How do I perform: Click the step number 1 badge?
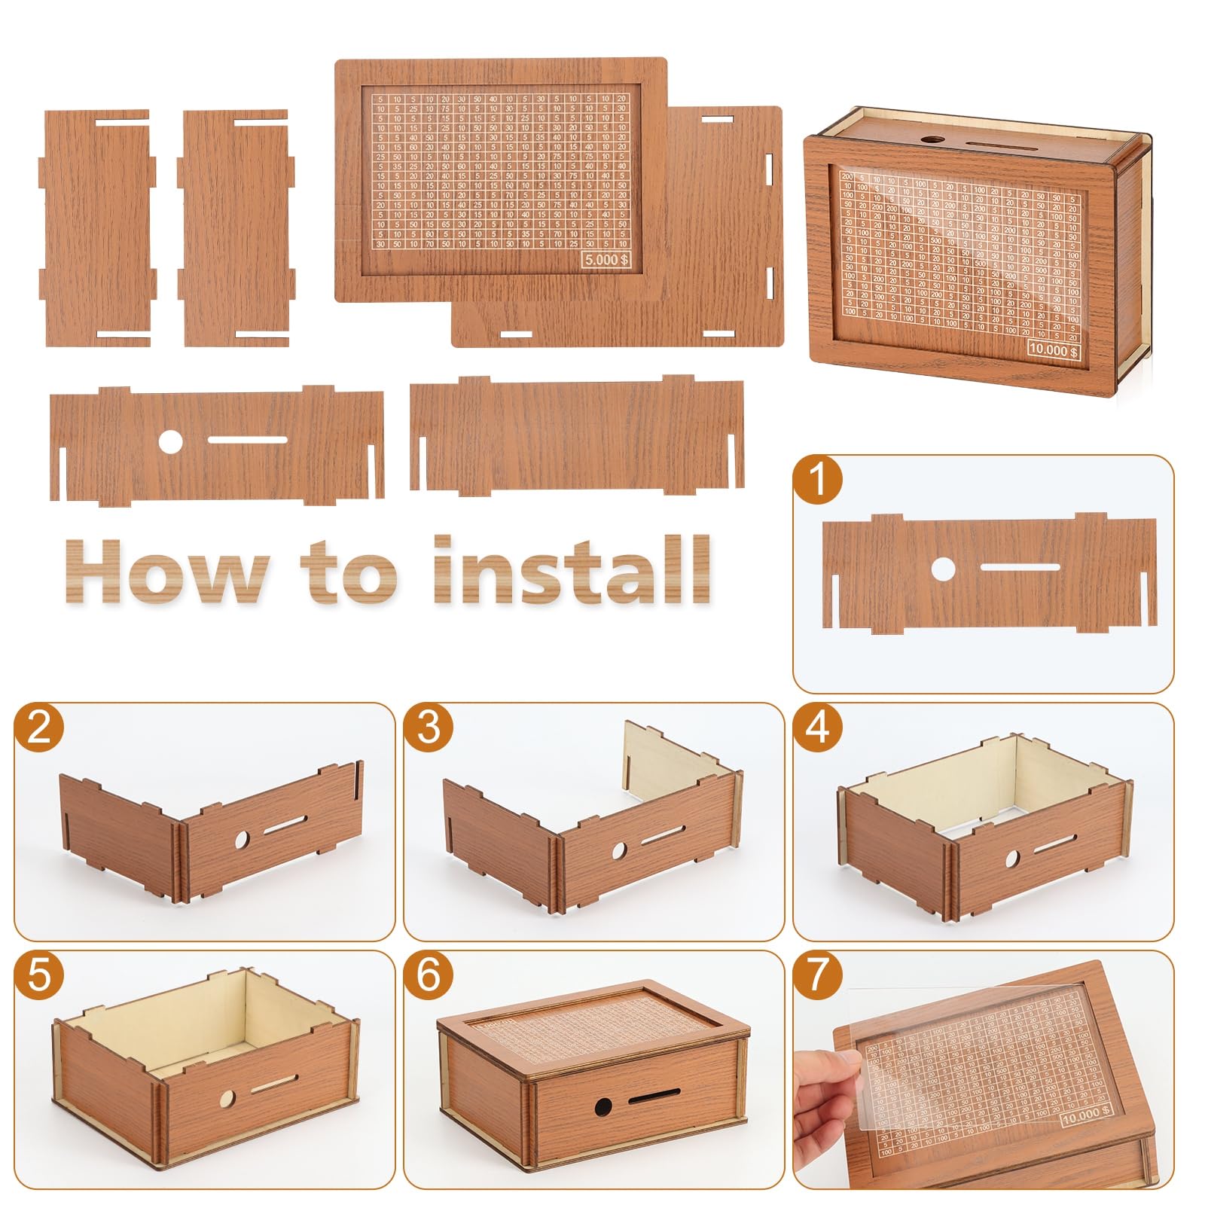coord(818,480)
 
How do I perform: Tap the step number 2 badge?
coord(39,728)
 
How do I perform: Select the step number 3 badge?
coord(429,728)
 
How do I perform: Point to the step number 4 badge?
coord(818,728)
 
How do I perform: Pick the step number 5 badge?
coord(39,975)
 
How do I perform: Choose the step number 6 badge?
coord(429,975)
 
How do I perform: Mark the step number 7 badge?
coord(818,975)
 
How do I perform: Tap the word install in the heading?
coord(572,569)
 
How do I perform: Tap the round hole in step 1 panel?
coord(942,569)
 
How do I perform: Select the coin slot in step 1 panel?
coord(1020,566)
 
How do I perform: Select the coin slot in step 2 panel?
coord(285,823)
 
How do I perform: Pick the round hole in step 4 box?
coord(1012,858)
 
